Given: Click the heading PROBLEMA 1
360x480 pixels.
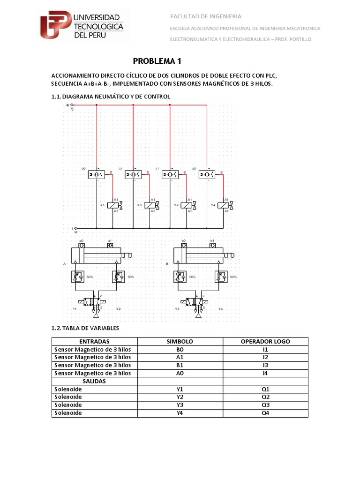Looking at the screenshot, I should tap(157, 61).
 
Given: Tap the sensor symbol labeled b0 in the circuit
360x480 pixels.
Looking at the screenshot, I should tap(97, 174).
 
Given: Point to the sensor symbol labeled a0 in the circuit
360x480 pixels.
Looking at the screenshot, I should tap(207, 174).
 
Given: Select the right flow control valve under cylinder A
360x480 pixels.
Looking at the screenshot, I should tap(118, 277).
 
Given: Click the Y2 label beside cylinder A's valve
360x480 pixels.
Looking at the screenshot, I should tap(119, 309).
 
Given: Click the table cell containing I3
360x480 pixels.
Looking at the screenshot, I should tap(265, 365).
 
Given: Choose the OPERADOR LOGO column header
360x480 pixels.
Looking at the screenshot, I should tap(265, 341).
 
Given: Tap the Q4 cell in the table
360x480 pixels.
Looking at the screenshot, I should tap(265, 413).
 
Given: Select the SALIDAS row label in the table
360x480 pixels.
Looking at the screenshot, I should tap(94, 381).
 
